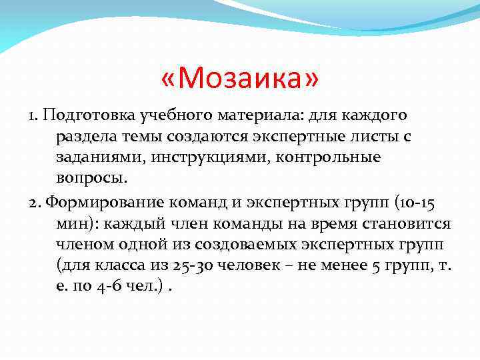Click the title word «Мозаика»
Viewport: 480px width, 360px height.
(240, 80)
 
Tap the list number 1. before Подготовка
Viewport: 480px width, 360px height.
(33, 117)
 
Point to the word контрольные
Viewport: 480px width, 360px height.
(339, 157)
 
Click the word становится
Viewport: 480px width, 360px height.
(412, 224)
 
